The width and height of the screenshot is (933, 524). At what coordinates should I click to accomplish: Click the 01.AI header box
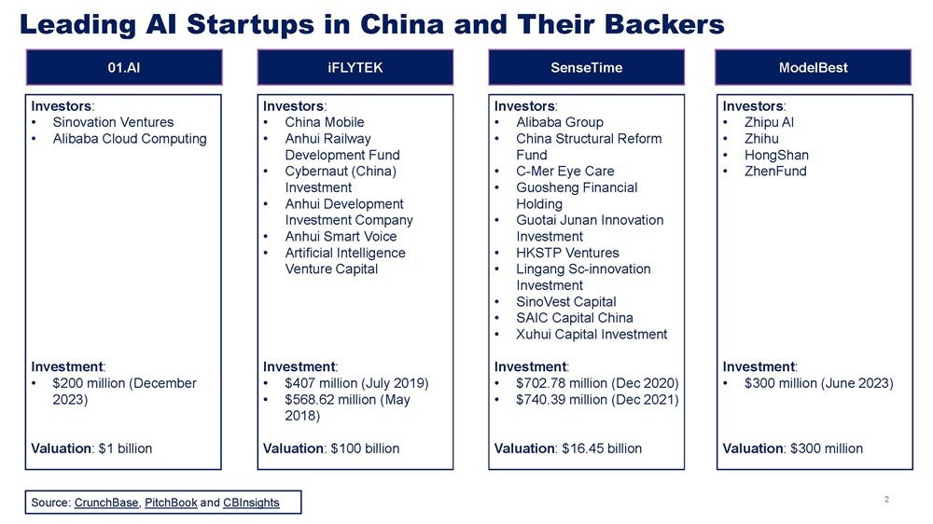[x=124, y=67]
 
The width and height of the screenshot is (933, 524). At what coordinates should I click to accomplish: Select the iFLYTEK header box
[x=355, y=67]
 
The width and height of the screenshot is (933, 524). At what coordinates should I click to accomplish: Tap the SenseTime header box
[x=586, y=67]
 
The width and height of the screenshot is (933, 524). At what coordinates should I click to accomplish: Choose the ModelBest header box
[x=814, y=67]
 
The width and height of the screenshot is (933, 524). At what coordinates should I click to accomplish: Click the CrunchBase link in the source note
[x=106, y=503]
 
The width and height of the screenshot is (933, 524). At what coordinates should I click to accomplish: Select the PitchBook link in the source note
[x=171, y=503]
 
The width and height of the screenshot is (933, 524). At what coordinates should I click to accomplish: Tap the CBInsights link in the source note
[x=251, y=503]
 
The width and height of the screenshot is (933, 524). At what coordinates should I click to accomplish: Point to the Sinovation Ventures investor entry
[x=113, y=122]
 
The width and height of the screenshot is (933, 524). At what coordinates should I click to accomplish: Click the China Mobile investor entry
[x=325, y=122]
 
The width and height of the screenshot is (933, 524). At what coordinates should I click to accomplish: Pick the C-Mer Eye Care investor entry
[x=565, y=172]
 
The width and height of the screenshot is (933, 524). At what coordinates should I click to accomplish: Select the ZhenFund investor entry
[x=775, y=172]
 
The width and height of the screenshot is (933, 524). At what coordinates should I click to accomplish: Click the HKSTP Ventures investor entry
[x=567, y=253]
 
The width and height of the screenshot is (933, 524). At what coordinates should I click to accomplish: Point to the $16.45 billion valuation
[x=602, y=448]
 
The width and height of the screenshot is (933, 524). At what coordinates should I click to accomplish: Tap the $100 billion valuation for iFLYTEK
[x=365, y=448]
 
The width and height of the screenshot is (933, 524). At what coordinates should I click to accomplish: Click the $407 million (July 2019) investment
[x=356, y=383]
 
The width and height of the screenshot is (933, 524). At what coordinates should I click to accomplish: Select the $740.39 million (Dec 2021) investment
[x=597, y=400]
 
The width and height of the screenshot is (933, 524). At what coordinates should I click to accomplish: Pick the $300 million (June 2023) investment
[x=819, y=383]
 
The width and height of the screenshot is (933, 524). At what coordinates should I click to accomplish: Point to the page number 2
[x=886, y=500]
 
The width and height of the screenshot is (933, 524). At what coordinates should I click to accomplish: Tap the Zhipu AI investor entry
[x=769, y=122]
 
